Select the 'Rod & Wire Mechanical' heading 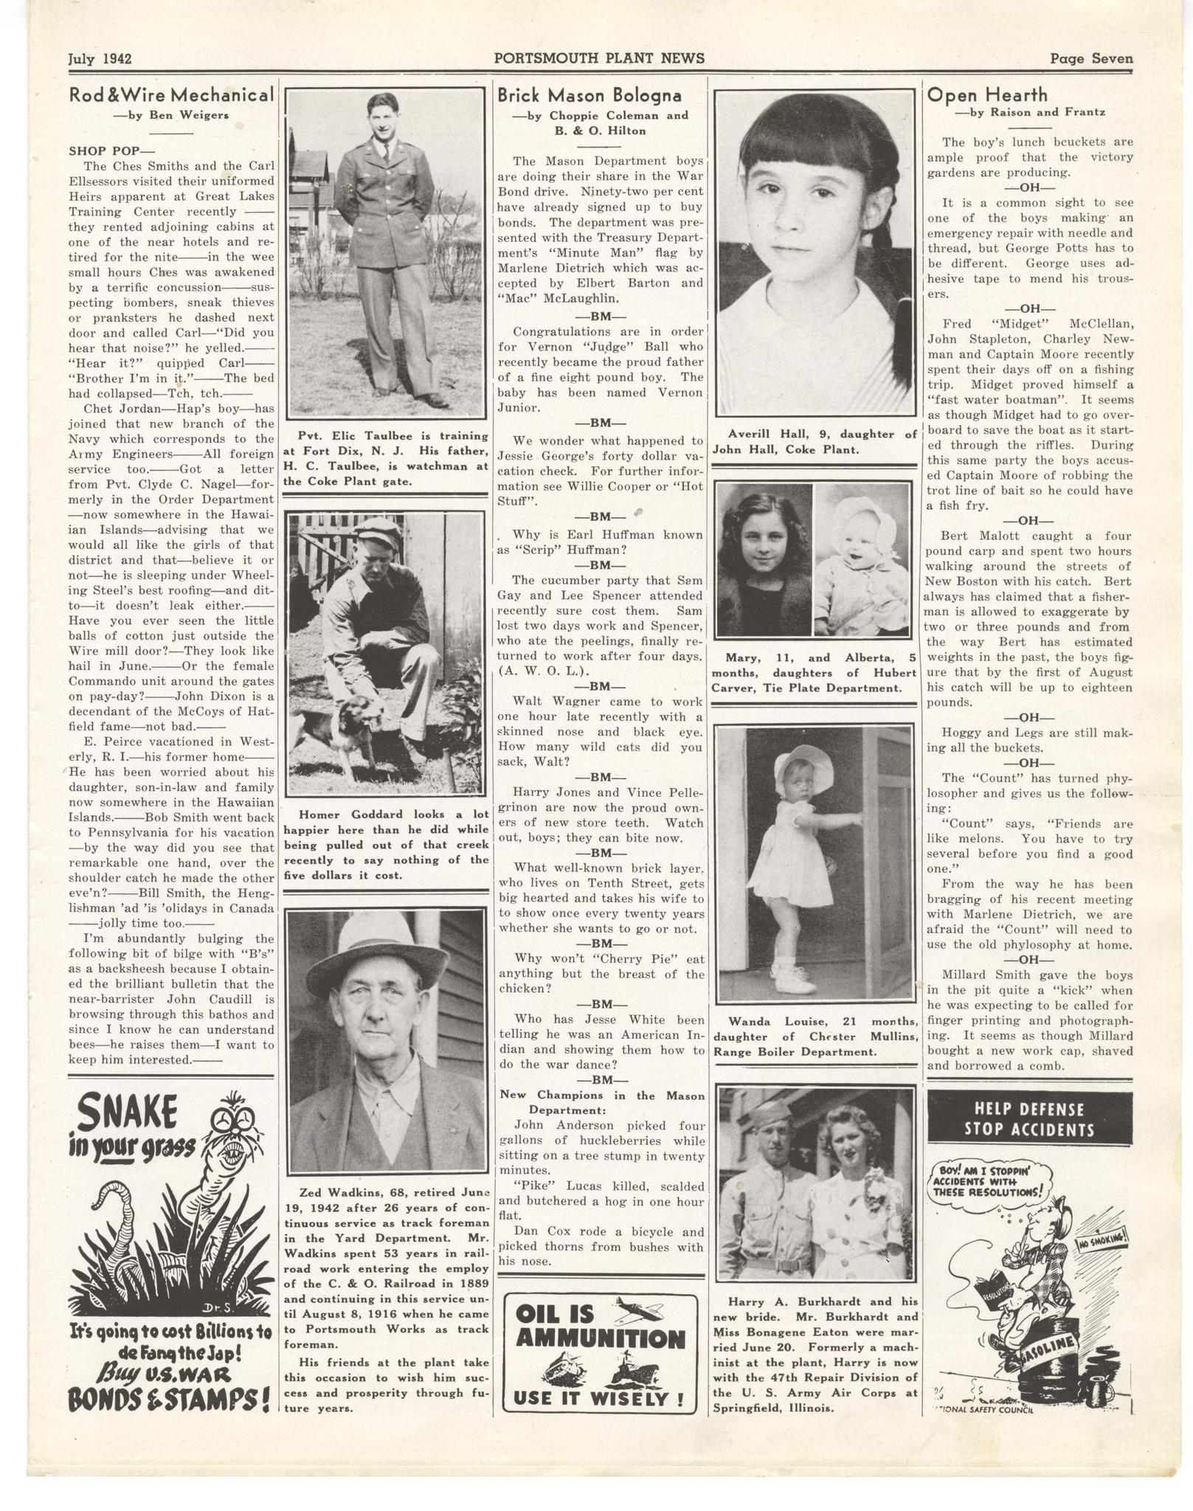(x=170, y=94)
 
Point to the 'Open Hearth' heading (x=987, y=94)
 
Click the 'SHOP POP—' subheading (x=106, y=151)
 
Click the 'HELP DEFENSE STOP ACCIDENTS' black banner (x=1029, y=1119)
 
